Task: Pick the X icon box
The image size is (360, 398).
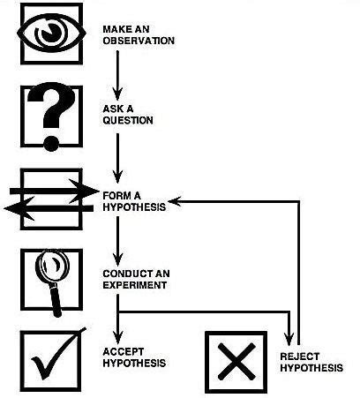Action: tap(236, 362)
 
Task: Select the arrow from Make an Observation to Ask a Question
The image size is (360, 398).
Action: tap(117, 75)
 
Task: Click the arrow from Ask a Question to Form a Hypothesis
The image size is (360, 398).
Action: tap(117, 154)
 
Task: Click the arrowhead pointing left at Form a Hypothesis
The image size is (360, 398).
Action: tap(175, 201)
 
